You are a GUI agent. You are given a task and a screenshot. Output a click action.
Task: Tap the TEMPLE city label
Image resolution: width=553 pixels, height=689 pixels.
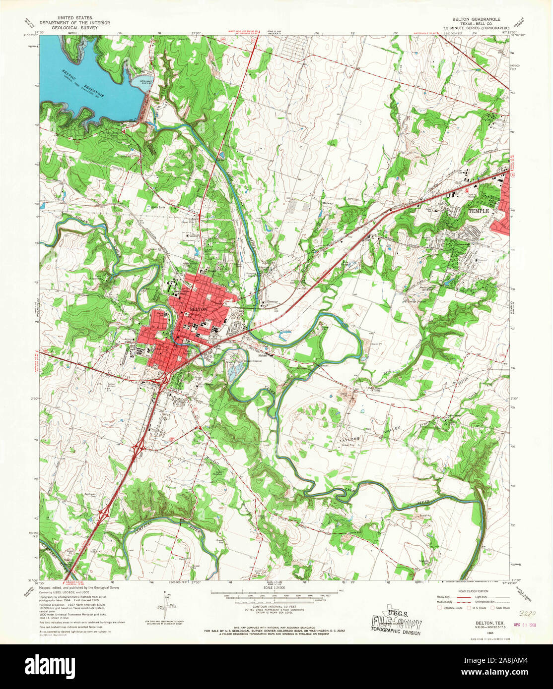tap(479, 211)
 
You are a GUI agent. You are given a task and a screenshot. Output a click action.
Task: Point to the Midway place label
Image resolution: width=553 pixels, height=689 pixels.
tap(327, 204)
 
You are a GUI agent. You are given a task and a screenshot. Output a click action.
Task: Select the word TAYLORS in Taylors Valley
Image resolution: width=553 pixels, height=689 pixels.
tap(348, 439)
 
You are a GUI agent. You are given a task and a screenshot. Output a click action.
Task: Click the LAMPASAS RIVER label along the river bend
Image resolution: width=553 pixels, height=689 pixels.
tap(149, 526)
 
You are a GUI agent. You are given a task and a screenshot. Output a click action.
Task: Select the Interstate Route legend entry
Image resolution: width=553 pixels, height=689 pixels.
tap(449, 607)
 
